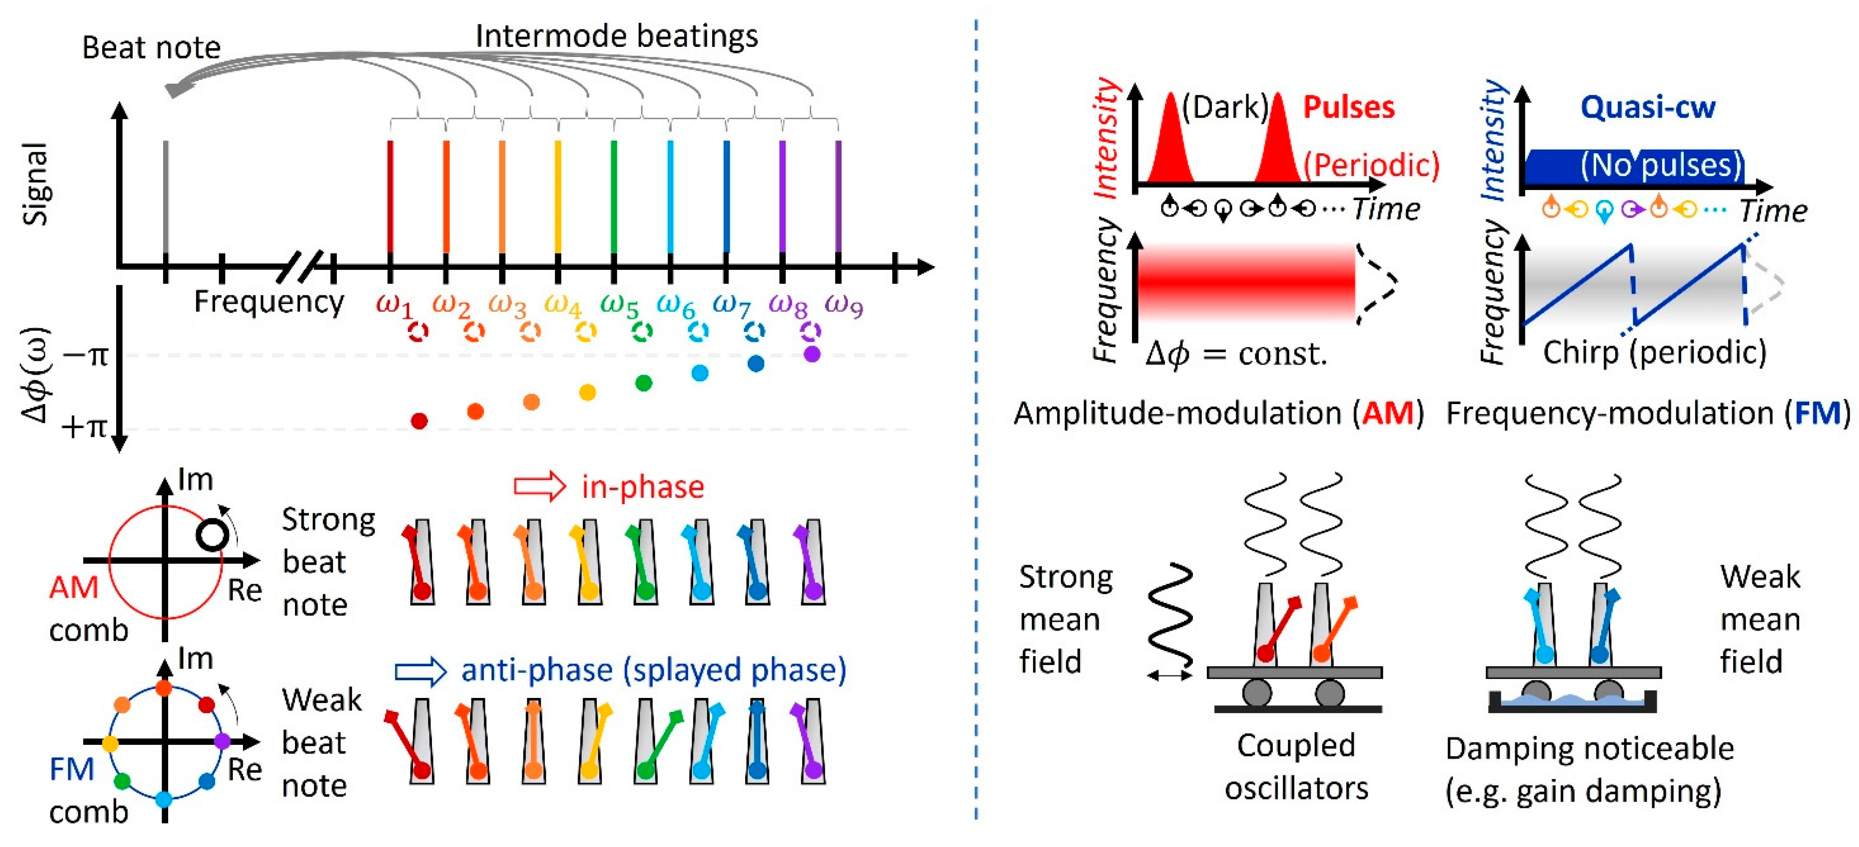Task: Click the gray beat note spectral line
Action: point(166,195)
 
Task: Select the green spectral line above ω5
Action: point(614,195)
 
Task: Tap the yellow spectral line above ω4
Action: point(558,195)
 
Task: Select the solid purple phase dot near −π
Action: point(812,353)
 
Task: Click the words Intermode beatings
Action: point(616,36)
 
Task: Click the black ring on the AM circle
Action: point(212,535)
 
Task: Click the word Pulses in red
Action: point(1348,107)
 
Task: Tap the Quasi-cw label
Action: point(1648,107)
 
